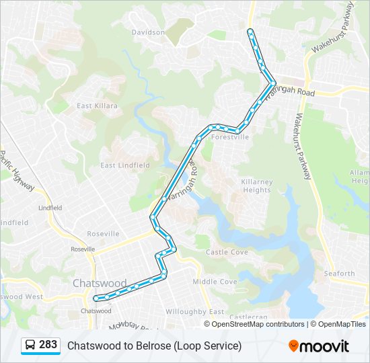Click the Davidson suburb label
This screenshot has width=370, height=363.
pyautogui.click(x=148, y=32)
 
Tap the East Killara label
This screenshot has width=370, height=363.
pyautogui.click(x=97, y=106)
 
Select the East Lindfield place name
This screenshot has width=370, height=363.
pyautogui.click(x=124, y=165)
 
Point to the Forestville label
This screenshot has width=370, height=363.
pyautogui.click(x=230, y=136)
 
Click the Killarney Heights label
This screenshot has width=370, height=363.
pyautogui.click(x=256, y=186)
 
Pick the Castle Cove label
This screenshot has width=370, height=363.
pyautogui.click(x=227, y=252)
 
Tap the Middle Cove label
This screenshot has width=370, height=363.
pyautogui.click(x=215, y=282)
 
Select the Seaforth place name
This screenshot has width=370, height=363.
pyautogui.click(x=338, y=273)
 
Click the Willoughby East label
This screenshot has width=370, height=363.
pyautogui.click(x=194, y=311)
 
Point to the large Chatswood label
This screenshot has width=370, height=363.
pyautogui.click(x=99, y=283)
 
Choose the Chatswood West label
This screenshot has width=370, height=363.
pyautogui.click(x=20, y=296)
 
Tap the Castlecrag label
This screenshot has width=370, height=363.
pyautogui.click(x=249, y=316)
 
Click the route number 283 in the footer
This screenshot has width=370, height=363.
pyautogui.click(x=48, y=345)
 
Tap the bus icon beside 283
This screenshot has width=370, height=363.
pyautogui.click(x=30, y=345)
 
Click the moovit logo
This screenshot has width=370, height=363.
pyautogui.click(x=319, y=346)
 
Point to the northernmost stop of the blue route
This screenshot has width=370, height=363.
pyautogui.click(x=250, y=32)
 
